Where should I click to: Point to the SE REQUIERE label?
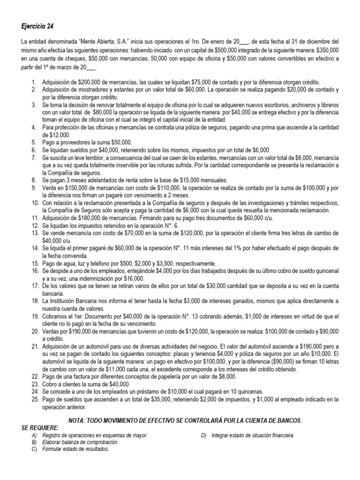41,428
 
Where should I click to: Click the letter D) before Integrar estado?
203,435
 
